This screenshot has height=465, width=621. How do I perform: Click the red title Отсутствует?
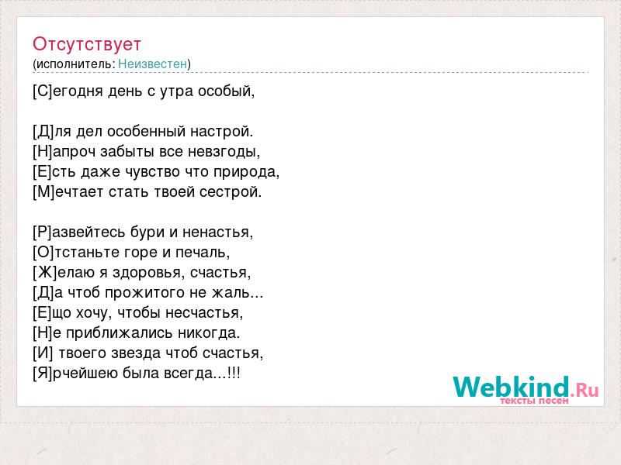tap(87, 44)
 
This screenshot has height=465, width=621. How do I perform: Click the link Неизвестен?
tap(152, 64)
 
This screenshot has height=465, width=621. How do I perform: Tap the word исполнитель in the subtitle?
tap(75, 64)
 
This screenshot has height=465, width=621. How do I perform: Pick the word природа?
tap(246, 172)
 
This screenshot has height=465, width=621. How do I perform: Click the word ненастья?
tap(217, 232)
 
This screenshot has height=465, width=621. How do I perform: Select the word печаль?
tap(203, 253)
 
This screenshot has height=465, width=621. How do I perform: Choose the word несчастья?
tap(204, 313)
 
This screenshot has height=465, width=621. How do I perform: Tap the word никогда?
tap(209, 333)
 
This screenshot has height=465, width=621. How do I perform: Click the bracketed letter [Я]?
tap(43, 374)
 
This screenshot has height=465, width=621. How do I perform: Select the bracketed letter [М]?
tap(44, 192)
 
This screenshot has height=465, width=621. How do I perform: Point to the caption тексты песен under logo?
tap(534, 401)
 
